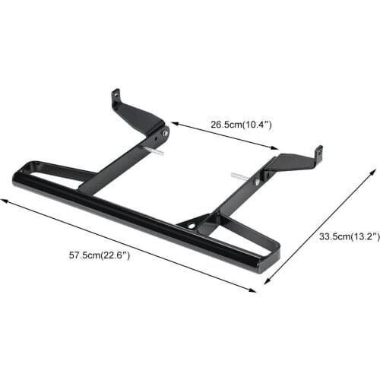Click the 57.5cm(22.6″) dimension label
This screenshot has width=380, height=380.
(x=99, y=255)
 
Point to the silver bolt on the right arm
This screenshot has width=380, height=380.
(x=239, y=178)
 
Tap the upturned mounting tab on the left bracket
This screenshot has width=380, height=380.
(x=116, y=98)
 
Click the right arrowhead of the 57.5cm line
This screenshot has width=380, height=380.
(x=254, y=289)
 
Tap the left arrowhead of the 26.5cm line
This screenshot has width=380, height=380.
(x=173, y=122)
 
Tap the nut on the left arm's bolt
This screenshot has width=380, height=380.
(x=164, y=133)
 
